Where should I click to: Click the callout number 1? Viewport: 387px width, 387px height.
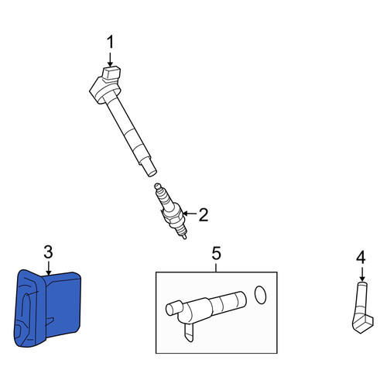pyautogui.click(x=110, y=43)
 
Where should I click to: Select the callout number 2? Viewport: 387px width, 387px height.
pyautogui.click(x=204, y=214)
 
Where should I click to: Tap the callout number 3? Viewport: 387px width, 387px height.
pyautogui.click(x=48, y=252)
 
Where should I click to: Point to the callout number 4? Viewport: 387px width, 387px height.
pyautogui.click(x=361, y=258)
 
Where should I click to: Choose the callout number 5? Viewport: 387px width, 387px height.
pyautogui.click(x=216, y=253)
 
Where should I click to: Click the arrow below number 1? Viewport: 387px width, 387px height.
pyautogui.click(x=110, y=60)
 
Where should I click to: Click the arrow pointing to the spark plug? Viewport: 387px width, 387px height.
pyautogui.click(x=190, y=214)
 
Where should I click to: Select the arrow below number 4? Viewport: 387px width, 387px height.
pyautogui.click(x=362, y=274)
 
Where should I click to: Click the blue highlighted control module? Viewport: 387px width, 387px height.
pyautogui.click(x=48, y=308)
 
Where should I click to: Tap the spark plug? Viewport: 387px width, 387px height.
pyautogui.click(x=170, y=211)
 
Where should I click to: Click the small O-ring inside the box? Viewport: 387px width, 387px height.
pyautogui.click(x=260, y=295)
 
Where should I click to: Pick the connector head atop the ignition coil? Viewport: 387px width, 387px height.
pyautogui.click(x=111, y=73)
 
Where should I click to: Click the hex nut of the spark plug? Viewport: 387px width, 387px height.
pyautogui.click(x=173, y=214)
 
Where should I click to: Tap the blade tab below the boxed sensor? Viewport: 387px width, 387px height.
pyautogui.click(x=189, y=333)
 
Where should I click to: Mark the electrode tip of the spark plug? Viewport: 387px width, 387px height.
pyautogui.click(x=185, y=237)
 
